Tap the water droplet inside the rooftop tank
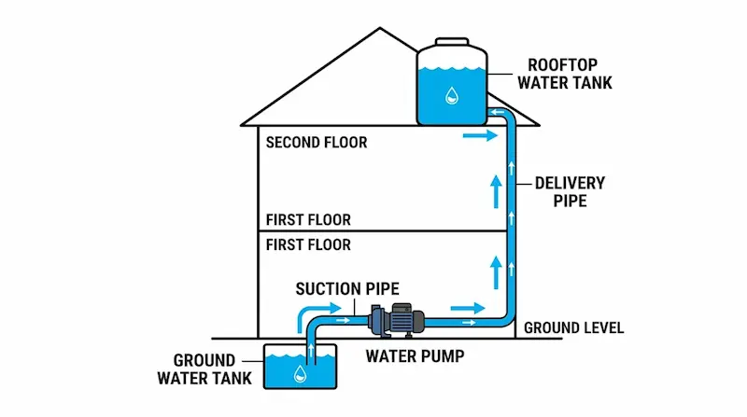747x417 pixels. tap(451, 94)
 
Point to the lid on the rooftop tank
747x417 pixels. tap(452, 42)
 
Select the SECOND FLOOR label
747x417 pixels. tap(317, 143)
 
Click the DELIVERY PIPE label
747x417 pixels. tap(570, 191)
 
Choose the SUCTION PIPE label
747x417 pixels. tap(341, 288)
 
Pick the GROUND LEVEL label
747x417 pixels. tap(573, 328)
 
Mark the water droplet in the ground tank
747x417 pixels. tap(301, 374)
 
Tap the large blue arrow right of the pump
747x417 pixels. tap(468, 307)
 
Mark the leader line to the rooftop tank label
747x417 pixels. tap(501, 74)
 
